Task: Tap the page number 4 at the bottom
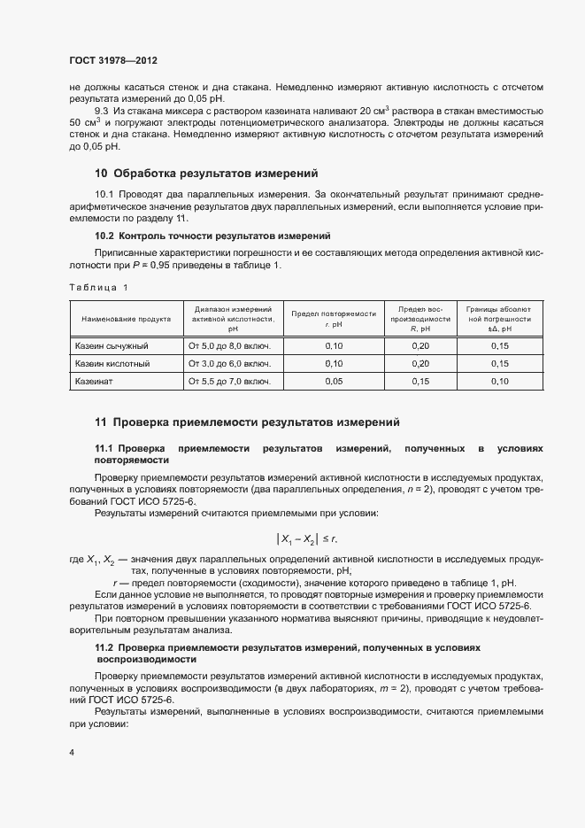[71, 753]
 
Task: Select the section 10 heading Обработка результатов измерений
[205, 173]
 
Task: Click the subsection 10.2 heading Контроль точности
[212, 236]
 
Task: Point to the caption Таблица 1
[98, 287]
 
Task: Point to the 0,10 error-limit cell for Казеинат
[499, 382]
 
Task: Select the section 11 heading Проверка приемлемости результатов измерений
[247, 422]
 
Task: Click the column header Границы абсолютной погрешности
[499, 319]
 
